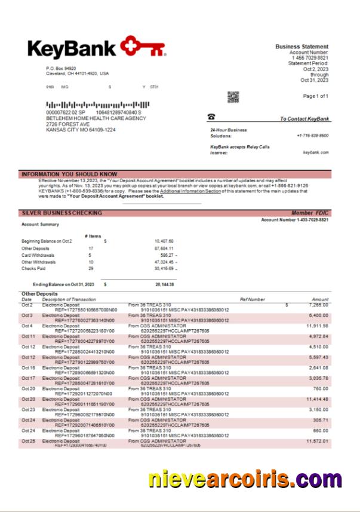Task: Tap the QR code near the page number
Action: point(233,97)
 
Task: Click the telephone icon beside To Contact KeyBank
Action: point(211,117)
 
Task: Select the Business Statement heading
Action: point(301,47)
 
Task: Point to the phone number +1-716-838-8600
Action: point(312,136)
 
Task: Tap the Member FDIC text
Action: point(309,213)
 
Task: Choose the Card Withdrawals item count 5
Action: point(90,255)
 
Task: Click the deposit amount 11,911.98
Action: point(316,326)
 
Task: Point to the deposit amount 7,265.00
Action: point(317,305)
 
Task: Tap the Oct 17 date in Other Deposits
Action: point(28,378)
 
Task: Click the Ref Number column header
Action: point(252,299)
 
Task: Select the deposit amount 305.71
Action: point(320,420)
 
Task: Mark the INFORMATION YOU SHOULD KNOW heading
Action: point(69,174)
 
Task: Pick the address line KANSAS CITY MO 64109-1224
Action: point(81,130)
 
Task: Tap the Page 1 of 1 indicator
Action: point(315,96)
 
